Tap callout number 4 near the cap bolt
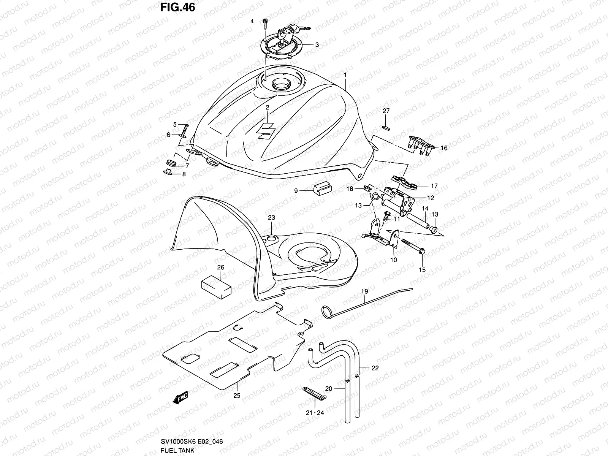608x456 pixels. click(252, 21)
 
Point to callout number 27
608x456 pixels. click(386, 111)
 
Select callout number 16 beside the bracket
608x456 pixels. click(444, 148)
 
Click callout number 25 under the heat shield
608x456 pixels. click(237, 396)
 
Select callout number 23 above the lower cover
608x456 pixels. click(271, 218)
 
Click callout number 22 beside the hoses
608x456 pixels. click(375, 368)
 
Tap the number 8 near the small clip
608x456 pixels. click(184, 174)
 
